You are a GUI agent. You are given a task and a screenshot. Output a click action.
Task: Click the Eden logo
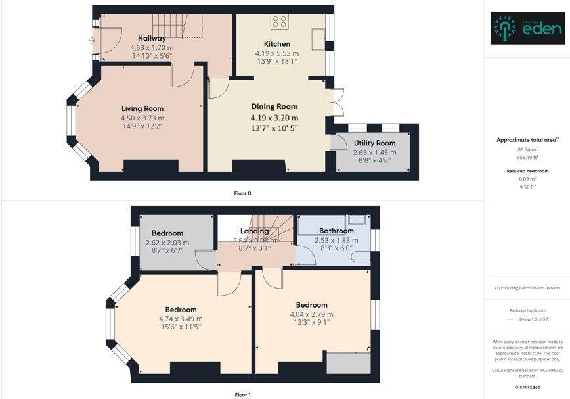click(527, 28)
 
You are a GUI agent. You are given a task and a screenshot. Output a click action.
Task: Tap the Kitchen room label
click(276, 44)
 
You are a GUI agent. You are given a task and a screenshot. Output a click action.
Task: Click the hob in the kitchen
click(278, 22)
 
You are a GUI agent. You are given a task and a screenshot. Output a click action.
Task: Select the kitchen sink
click(320, 36)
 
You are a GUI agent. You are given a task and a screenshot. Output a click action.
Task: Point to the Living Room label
click(142, 108)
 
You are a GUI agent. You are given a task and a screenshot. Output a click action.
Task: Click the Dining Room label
click(274, 106)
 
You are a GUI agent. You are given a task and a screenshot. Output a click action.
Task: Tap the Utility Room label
click(374, 143)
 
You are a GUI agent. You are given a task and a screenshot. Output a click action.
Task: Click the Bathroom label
click(336, 231)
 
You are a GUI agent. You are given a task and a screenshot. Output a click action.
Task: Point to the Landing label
click(254, 231)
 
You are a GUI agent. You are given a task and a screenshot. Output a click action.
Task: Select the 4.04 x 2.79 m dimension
click(311, 314)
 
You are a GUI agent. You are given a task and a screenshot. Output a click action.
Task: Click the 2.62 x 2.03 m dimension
click(167, 243)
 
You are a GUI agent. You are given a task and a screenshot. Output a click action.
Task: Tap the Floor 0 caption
click(242, 193)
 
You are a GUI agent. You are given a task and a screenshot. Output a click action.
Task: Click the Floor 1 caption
click(242, 395)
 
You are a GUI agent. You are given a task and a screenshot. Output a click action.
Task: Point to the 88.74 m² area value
click(527, 150)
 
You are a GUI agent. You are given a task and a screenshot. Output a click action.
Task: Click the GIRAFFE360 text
click(527, 388)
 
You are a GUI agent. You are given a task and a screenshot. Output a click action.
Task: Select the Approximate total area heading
click(527, 139)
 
